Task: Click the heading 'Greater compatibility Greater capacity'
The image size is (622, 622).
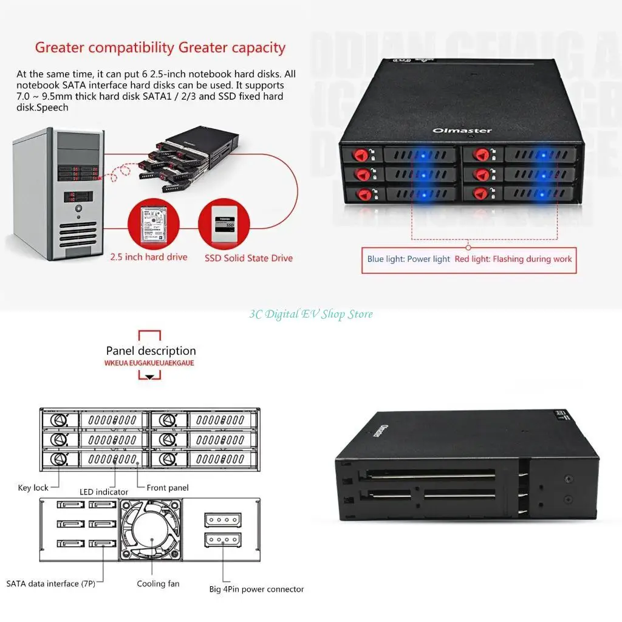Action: [160, 47]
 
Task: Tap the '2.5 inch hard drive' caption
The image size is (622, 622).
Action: [149, 257]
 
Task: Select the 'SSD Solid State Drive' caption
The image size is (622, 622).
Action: [248, 258]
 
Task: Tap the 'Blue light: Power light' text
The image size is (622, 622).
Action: [408, 259]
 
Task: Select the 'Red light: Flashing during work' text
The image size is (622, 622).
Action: [513, 259]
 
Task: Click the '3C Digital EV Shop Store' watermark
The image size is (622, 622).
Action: [311, 314]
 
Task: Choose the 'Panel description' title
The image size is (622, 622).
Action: [151, 350]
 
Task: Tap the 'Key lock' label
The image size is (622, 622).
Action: [33, 488]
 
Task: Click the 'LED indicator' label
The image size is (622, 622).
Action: [104, 491]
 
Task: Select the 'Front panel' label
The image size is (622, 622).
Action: [168, 488]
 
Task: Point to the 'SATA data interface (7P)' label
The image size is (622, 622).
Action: [51, 584]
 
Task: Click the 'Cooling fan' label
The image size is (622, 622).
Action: [158, 584]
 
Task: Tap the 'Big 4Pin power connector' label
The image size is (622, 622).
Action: [256, 589]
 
